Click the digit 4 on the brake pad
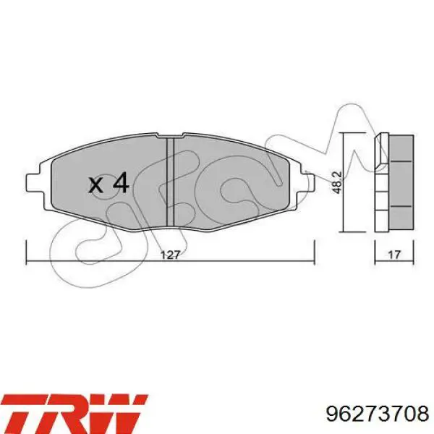click(x=119, y=183)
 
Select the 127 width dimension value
click(x=169, y=255)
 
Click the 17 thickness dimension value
click(x=394, y=255)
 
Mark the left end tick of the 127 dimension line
click(x=27, y=250)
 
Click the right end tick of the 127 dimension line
click(x=314, y=250)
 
